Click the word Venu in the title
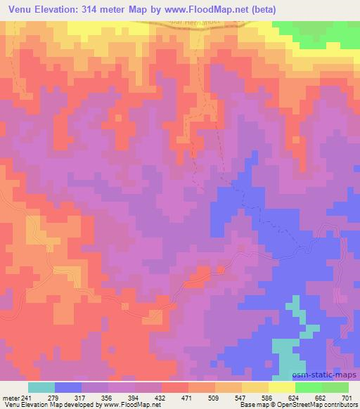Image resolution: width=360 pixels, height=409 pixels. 20,10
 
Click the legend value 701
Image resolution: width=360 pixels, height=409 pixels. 349,398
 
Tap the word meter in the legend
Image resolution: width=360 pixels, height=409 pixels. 11,398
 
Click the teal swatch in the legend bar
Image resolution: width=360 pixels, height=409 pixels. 41,387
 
